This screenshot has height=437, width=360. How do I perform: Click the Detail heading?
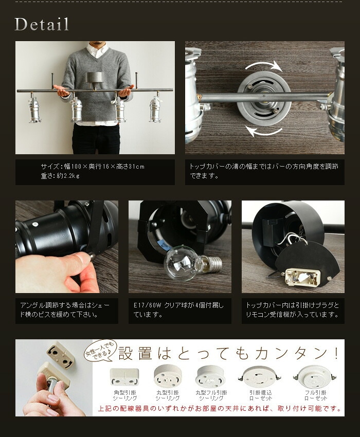[x=42, y=24]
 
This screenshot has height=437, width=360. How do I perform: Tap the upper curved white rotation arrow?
[x=263, y=65]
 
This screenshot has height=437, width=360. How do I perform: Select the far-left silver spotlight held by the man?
[x=34, y=108]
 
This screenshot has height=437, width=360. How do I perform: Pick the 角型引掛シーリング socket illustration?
[x=124, y=376]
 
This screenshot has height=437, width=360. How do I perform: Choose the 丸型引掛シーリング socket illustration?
[x=168, y=375]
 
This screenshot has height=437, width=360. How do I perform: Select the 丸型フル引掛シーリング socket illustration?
[x=210, y=376]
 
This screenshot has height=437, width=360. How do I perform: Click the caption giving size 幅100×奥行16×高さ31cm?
[x=93, y=167]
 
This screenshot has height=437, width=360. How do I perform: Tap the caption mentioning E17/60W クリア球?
[x=178, y=309]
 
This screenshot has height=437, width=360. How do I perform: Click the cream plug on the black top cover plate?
[x=302, y=277]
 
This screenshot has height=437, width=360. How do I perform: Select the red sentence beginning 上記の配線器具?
[x=220, y=409]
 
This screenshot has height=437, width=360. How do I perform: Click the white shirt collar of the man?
[x=97, y=50]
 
